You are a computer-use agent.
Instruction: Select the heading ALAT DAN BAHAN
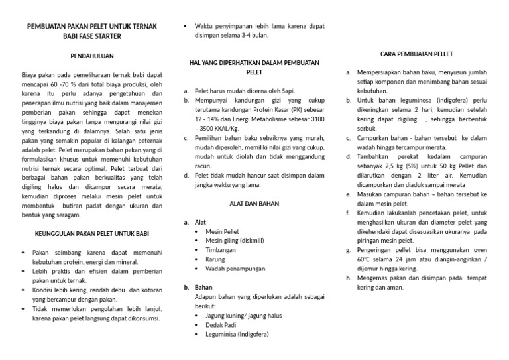[x=254, y=204]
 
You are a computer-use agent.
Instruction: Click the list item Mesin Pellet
[x=223, y=231]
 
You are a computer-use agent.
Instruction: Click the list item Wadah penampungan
[x=235, y=269]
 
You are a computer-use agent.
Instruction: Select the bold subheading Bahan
[x=203, y=288]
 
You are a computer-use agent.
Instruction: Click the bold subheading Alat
[x=200, y=222]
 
